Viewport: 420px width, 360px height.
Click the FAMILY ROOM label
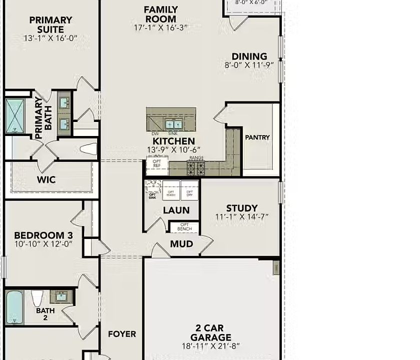(160, 14)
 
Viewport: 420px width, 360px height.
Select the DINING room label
(249, 56)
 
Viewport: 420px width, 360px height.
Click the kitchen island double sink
(174, 124)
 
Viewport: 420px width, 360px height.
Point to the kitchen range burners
(195, 167)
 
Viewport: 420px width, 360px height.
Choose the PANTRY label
(257, 137)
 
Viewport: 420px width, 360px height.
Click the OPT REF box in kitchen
(157, 164)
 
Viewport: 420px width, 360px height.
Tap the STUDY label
(242, 208)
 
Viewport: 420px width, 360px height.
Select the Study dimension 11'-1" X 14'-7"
(242, 217)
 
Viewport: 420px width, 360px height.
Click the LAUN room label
(176, 210)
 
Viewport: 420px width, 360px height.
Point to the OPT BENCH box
(185, 227)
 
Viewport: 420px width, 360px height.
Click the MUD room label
(181, 244)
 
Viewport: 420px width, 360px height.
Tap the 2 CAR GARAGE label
(213, 333)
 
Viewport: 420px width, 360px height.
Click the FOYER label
(122, 334)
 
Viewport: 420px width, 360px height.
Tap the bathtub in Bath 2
(15, 306)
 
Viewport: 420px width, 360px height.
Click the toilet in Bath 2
(37, 298)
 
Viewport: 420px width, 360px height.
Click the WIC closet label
(46, 180)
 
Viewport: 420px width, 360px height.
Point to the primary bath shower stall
(15, 116)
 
